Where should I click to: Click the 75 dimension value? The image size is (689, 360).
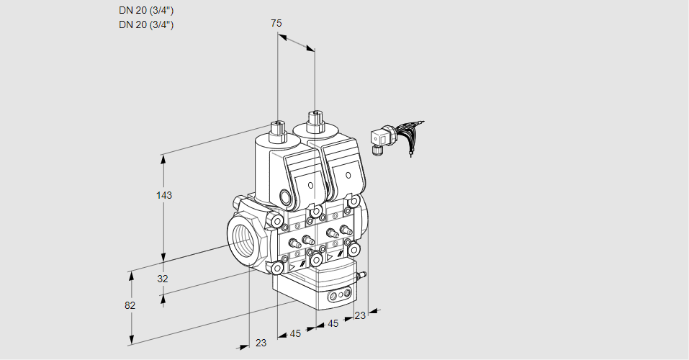(x=276, y=23)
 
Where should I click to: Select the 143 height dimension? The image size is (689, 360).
(x=164, y=195)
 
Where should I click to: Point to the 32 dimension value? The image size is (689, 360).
(x=163, y=279)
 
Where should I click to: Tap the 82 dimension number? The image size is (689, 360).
(x=130, y=305)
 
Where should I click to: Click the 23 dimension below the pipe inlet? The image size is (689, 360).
(x=261, y=343)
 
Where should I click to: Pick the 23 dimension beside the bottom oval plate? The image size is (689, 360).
(x=360, y=315)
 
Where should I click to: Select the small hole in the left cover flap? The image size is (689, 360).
(x=311, y=185)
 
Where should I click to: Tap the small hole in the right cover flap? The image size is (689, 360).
(x=348, y=176)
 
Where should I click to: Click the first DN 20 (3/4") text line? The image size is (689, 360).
(x=146, y=10)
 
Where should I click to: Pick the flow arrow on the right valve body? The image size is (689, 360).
(x=330, y=256)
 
